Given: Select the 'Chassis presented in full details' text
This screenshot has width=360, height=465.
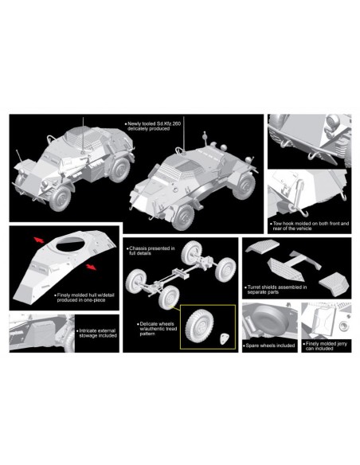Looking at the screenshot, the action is click(x=152, y=251).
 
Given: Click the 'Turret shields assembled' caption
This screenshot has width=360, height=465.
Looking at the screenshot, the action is click(x=276, y=290).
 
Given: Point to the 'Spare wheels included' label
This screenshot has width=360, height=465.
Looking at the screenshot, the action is click(x=270, y=346).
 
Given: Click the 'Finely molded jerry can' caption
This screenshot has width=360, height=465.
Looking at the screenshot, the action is click(x=325, y=346).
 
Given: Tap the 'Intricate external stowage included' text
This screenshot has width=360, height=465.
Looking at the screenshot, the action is click(x=97, y=333).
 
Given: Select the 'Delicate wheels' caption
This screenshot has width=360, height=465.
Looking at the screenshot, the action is click(x=158, y=329).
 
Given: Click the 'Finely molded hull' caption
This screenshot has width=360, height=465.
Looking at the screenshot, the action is click(x=84, y=298).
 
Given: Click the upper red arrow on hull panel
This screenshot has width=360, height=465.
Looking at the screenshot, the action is click(x=39, y=240).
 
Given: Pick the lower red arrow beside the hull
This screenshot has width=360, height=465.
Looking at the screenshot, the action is click(x=91, y=267).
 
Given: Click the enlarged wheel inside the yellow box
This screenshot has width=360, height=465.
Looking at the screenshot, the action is click(x=199, y=325).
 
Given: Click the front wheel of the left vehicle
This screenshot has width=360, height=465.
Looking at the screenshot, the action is click(x=61, y=198).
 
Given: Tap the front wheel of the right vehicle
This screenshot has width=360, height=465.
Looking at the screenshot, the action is click(x=183, y=217).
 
